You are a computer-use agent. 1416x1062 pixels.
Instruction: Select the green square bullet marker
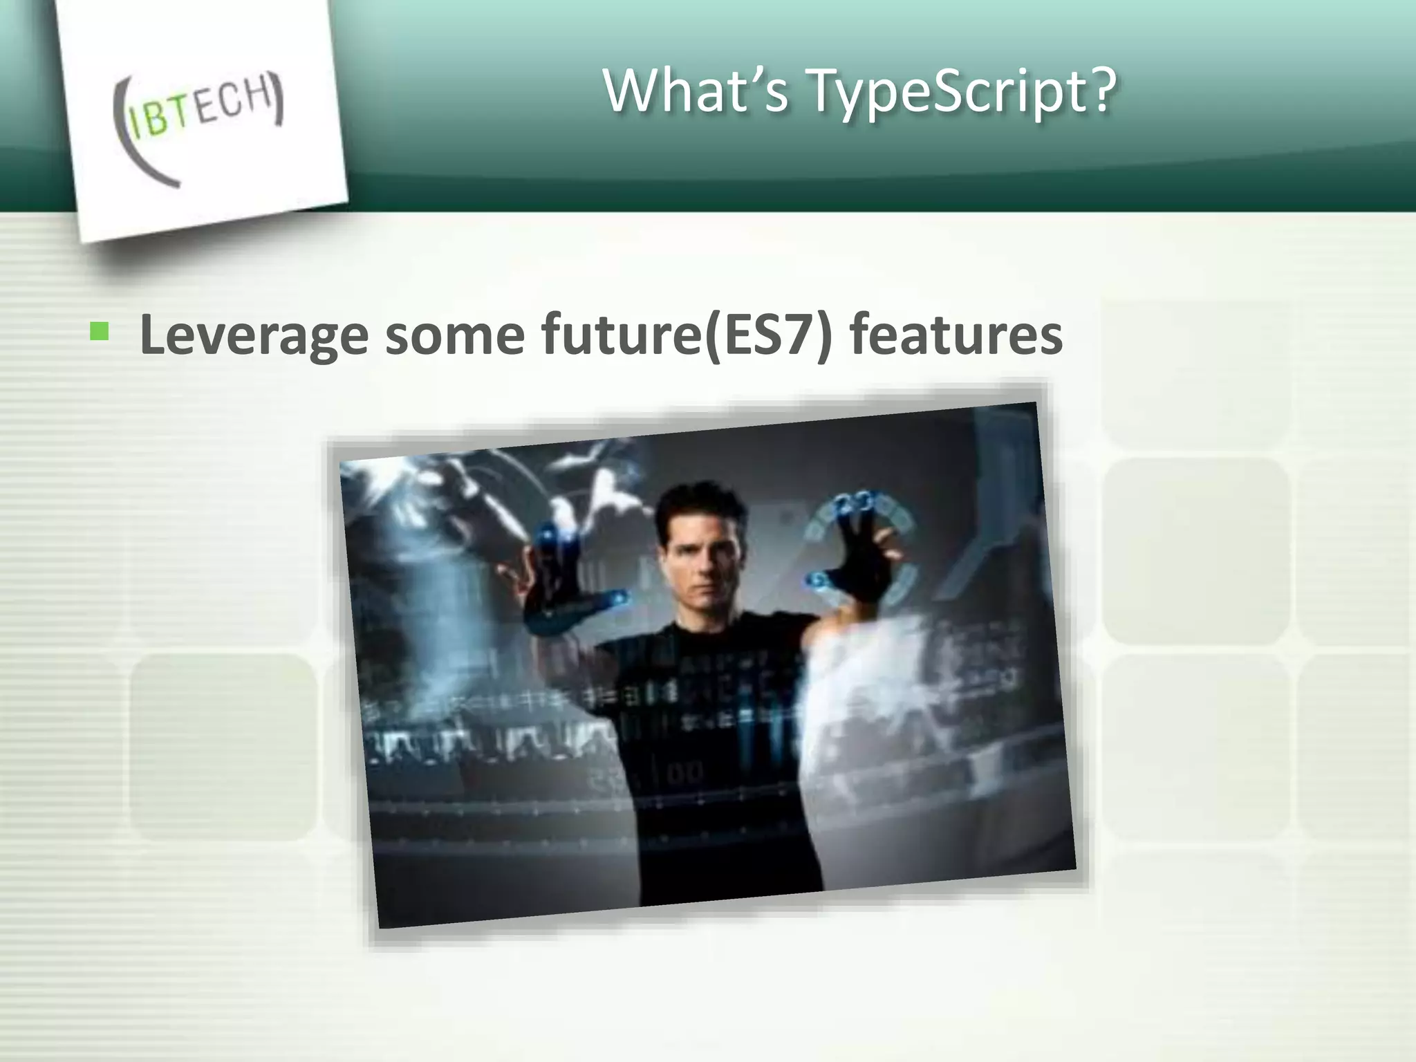click(x=100, y=332)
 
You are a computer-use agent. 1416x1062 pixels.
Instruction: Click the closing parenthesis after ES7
click(x=823, y=335)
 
